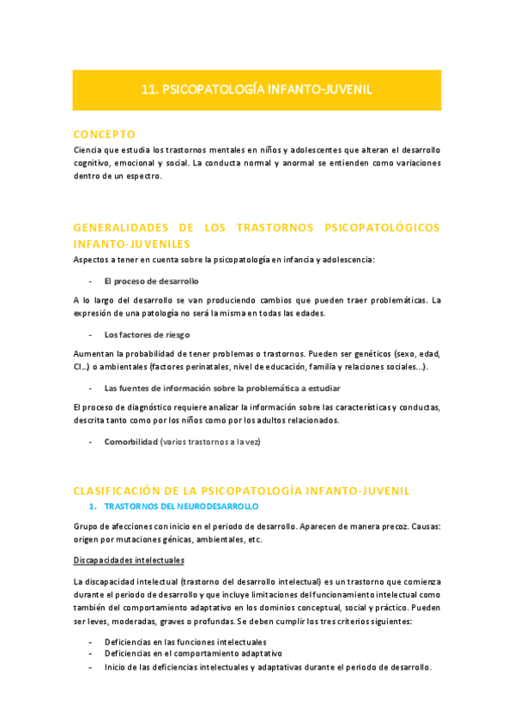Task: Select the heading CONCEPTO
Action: [x=104, y=135]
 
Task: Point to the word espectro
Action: [x=142, y=177]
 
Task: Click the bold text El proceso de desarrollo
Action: [x=151, y=281]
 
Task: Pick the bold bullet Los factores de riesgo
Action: [x=147, y=334]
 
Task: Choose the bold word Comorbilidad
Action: [x=131, y=442]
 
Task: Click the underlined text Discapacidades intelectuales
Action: [x=129, y=561]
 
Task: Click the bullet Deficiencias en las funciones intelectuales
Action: [x=185, y=641]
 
